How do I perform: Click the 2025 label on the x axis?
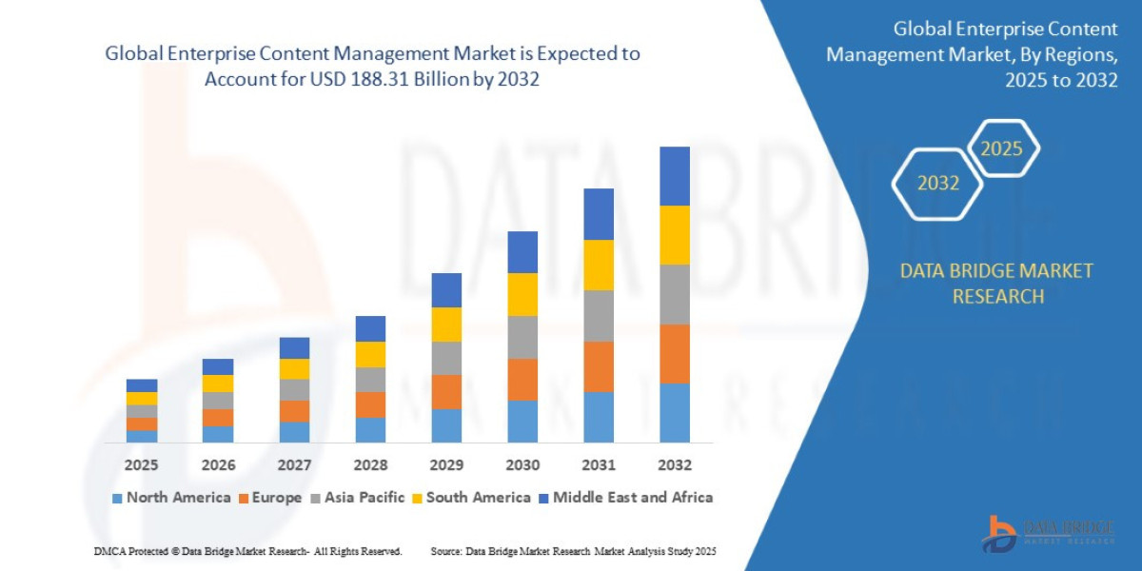click(x=141, y=465)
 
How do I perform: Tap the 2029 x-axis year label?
click(x=446, y=465)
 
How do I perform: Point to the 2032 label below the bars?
click(x=674, y=465)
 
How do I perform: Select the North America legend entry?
click(x=171, y=498)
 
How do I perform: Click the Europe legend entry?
click(x=270, y=498)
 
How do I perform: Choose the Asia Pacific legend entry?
click(x=358, y=498)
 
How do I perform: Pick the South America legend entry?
click(x=470, y=498)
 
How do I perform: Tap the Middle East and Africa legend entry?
click(x=624, y=498)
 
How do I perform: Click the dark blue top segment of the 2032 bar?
click(x=674, y=176)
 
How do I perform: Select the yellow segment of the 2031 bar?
click(x=599, y=265)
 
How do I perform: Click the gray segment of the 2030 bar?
click(x=522, y=337)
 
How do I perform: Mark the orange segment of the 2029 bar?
click(x=446, y=391)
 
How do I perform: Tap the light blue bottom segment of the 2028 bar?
click(x=370, y=430)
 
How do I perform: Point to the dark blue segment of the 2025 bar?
click(x=141, y=385)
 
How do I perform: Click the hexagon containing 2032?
click(x=937, y=183)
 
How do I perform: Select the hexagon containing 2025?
click(x=1001, y=148)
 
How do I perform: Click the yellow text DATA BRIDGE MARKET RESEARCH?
click(x=996, y=284)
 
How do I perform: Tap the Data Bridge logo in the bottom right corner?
click(x=1048, y=533)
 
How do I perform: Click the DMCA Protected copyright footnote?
click(x=247, y=551)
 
